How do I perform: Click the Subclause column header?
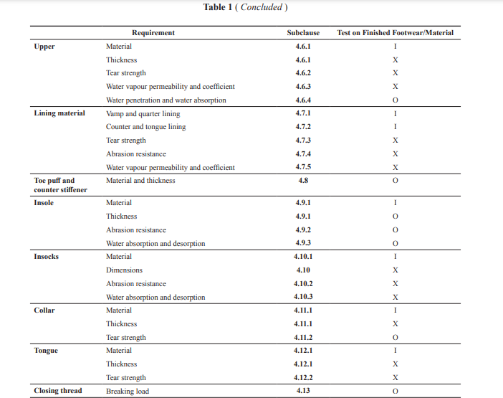(303, 33)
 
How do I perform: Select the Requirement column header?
(153, 33)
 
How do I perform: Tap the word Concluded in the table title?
(261, 7)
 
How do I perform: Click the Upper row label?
(44, 47)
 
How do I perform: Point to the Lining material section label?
(59, 113)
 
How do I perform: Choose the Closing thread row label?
(58, 391)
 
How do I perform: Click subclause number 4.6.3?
(303, 87)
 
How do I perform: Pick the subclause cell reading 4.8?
(303, 181)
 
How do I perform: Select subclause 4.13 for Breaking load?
(303, 391)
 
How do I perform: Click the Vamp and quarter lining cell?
(143, 114)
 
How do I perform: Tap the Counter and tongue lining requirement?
(146, 127)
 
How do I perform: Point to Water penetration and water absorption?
(166, 100)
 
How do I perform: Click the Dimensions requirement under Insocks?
(124, 270)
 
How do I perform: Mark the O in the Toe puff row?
(396, 181)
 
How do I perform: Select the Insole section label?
(44, 203)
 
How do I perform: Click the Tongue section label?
(46, 351)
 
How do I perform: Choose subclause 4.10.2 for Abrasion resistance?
(303, 284)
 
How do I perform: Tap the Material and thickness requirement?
(140, 181)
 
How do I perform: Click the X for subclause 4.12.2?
(396, 378)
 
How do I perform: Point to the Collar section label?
(44, 311)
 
